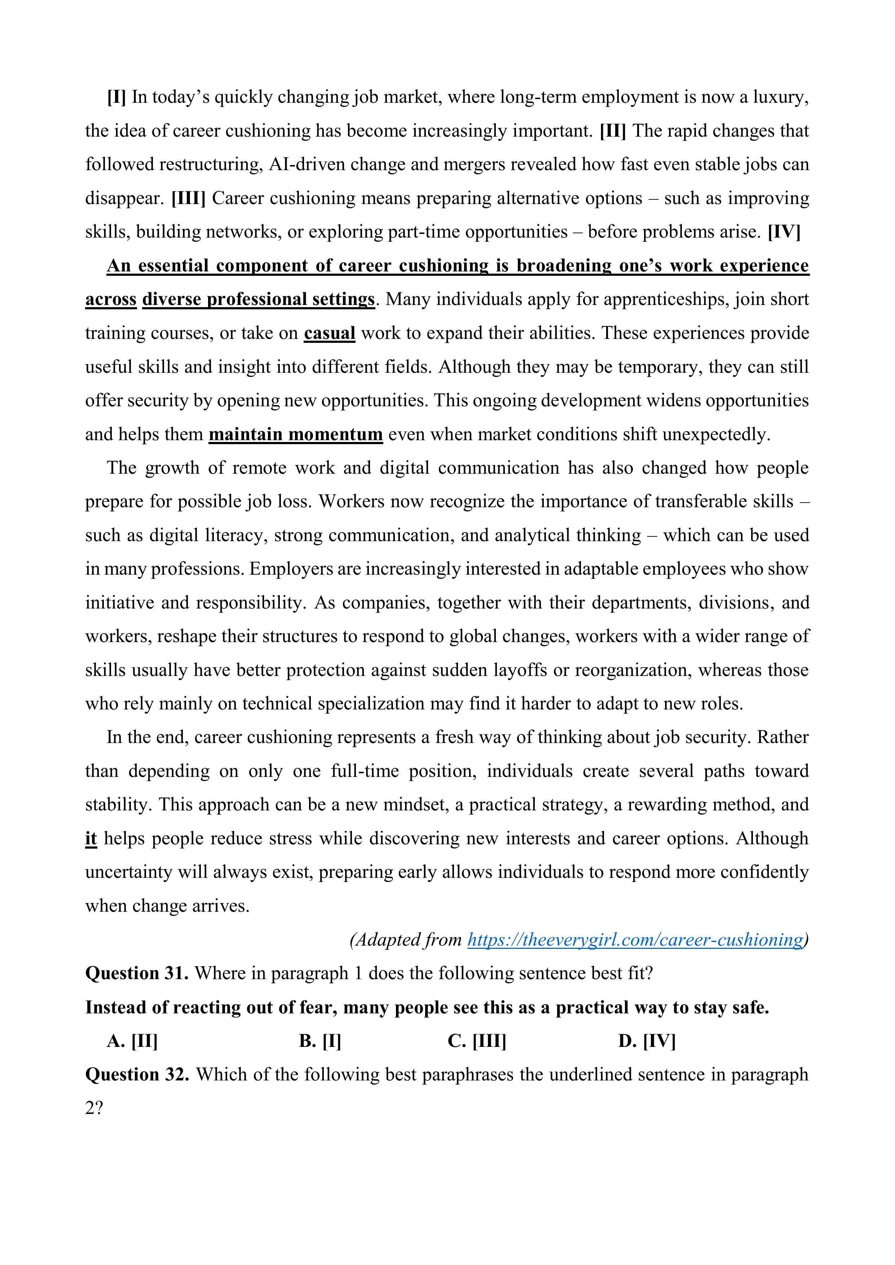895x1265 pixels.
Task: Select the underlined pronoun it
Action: (91, 839)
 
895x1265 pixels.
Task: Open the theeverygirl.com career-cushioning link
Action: (635, 939)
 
